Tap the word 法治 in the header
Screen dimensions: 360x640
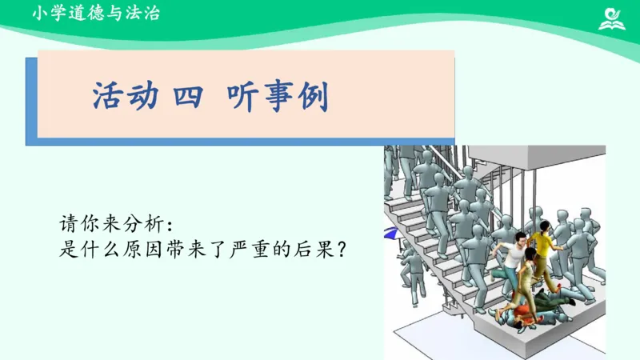click(x=142, y=14)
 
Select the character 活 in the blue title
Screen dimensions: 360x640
click(x=109, y=98)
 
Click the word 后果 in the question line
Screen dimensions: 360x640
click(x=317, y=249)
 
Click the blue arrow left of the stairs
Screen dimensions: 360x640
click(x=390, y=234)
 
